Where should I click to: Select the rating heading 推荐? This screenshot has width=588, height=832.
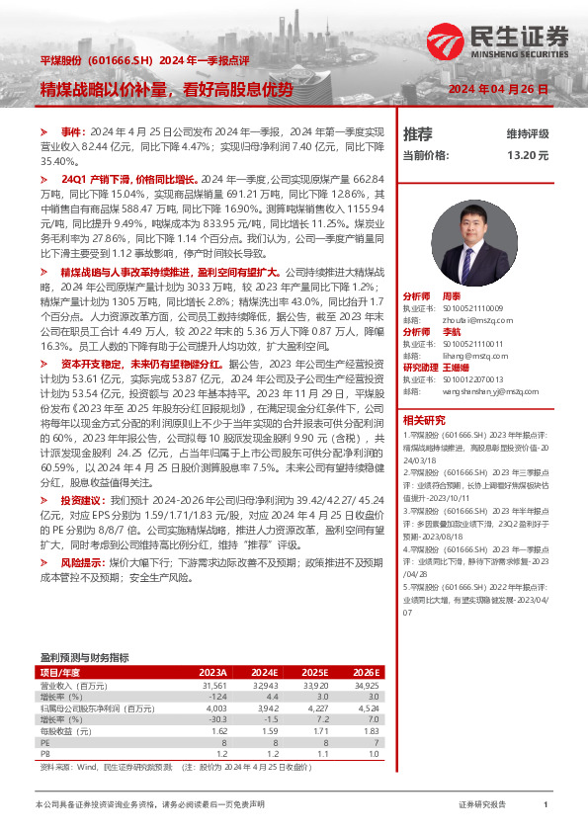pyautogui.click(x=418, y=133)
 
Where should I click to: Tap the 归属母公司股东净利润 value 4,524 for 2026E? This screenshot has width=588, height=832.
pyautogui.click(x=367, y=708)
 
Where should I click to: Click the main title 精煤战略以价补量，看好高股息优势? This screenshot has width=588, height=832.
pyautogui.click(x=167, y=89)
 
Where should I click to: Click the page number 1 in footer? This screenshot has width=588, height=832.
pyautogui.click(x=545, y=805)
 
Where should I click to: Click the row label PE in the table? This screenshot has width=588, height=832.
pyautogui.click(x=44, y=744)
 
